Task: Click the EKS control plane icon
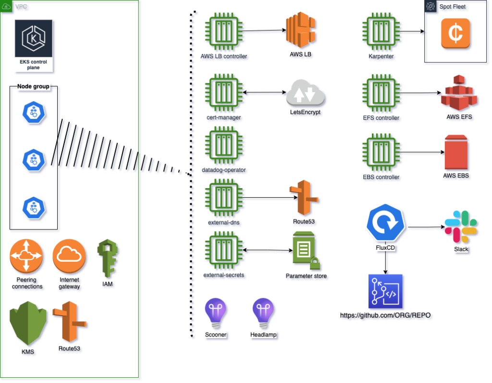coord(33,39)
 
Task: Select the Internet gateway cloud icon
coord(70,256)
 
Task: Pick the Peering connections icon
coord(26,256)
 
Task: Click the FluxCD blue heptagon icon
coord(385,224)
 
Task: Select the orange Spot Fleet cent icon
coord(455,33)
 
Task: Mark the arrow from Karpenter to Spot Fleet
coord(412,32)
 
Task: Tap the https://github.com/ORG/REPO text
coord(385,316)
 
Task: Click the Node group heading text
coord(34,87)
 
